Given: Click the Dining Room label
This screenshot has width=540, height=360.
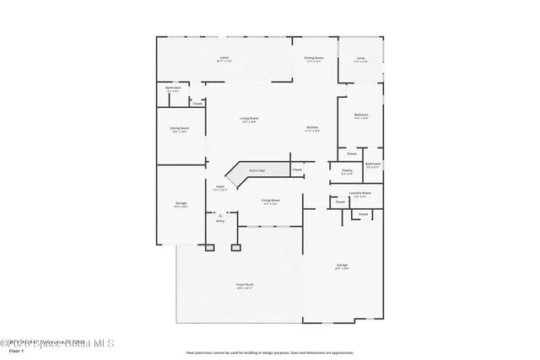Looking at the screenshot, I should [x=316, y=58].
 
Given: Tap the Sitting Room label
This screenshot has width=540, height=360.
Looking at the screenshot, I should [x=180, y=129].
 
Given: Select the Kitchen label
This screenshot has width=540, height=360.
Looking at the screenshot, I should [x=312, y=127].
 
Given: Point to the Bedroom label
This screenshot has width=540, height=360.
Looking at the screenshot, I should [x=361, y=115].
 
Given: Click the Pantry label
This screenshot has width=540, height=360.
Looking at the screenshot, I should [x=347, y=170].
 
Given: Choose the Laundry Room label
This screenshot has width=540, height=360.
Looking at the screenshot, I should [x=359, y=193].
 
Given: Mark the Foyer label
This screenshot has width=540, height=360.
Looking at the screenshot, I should [x=219, y=186].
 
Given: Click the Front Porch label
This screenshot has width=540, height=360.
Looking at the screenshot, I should [x=245, y=285].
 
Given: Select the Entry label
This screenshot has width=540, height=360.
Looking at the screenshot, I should [x=220, y=221].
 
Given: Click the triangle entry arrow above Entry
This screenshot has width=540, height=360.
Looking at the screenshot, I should [x=220, y=215].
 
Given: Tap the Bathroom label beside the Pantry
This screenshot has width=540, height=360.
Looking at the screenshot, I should [x=374, y=164].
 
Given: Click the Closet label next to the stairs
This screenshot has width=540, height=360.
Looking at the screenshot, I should [x=297, y=170].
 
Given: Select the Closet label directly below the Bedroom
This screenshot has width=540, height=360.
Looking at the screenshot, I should [x=352, y=153].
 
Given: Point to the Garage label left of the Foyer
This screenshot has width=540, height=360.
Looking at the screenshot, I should [x=180, y=203].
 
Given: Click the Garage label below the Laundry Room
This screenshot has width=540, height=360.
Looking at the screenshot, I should [x=341, y=266].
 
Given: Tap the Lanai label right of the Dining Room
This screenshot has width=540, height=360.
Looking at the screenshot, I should [x=360, y=59].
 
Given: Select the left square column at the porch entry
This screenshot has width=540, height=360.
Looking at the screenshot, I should [x=210, y=248].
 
